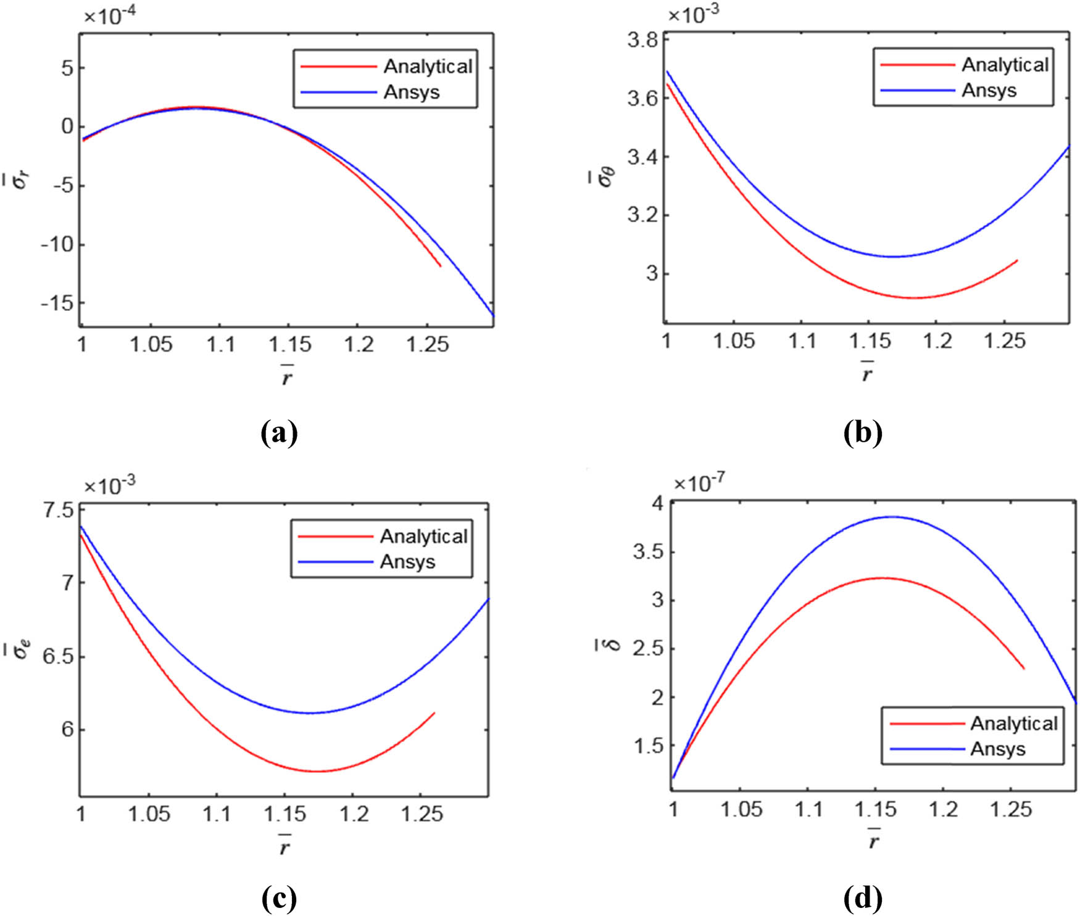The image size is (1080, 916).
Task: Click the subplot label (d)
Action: click(862, 898)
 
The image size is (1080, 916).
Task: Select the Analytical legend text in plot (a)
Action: click(428, 66)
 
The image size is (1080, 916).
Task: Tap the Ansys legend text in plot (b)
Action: click(989, 91)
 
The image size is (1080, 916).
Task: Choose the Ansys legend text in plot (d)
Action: click(997, 749)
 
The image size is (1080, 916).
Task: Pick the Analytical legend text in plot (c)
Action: click(423, 536)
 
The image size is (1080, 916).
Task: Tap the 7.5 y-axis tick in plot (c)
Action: click(59, 511)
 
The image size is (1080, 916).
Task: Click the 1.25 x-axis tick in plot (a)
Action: click(427, 344)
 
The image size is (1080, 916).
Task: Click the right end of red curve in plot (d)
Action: click(1024, 668)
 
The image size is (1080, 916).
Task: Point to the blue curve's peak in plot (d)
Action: click(892, 517)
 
